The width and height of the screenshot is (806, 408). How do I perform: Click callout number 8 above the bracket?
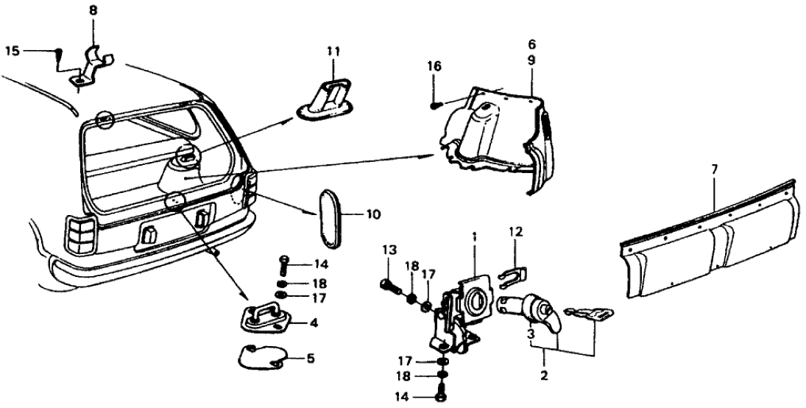[93, 12]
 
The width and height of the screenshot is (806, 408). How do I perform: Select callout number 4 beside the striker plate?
[314, 322]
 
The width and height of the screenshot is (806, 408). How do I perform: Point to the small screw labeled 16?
[434, 105]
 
